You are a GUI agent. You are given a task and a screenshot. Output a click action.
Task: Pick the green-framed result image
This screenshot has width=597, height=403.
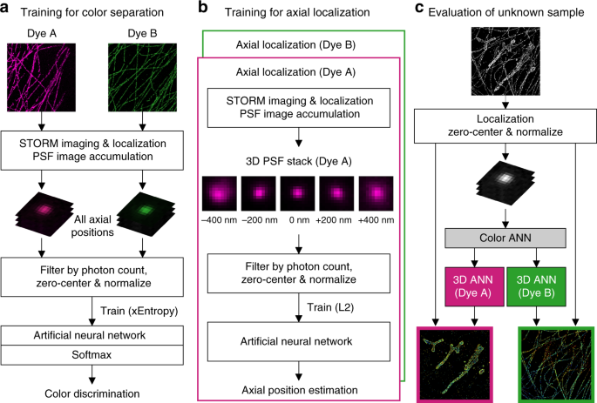point(555,362)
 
